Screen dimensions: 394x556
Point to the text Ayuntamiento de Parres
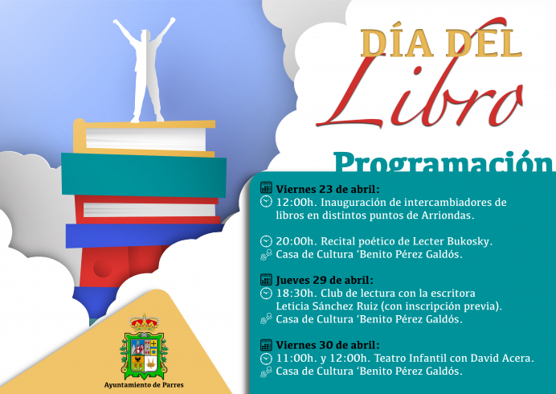[145, 385]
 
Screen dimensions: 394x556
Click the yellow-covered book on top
[145, 137]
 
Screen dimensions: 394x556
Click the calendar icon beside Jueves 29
[266, 280]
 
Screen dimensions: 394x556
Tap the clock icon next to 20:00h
[266, 241]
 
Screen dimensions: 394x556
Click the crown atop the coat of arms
[144, 322]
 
